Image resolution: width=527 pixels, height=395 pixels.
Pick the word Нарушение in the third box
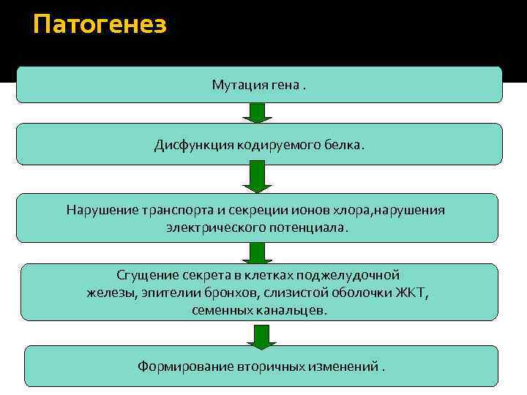pos(98,210)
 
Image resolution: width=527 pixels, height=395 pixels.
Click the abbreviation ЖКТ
pos(412,293)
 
